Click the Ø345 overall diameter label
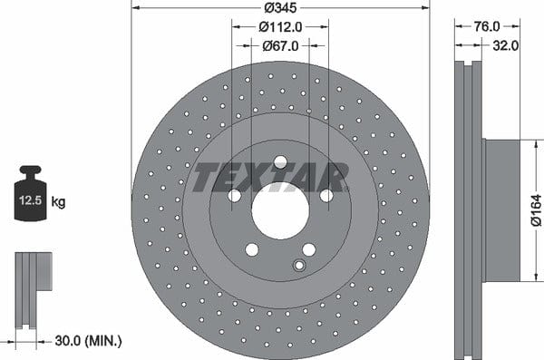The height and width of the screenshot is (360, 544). [x=280, y=7]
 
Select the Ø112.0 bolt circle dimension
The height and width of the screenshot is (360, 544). [x=280, y=26]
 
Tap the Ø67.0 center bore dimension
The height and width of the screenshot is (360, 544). [x=280, y=46]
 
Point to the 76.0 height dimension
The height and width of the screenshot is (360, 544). [x=487, y=26]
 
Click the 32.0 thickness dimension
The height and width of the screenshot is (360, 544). [x=506, y=45]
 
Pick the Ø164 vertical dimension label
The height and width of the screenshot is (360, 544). [x=537, y=210]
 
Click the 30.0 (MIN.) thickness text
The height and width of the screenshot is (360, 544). [x=88, y=341]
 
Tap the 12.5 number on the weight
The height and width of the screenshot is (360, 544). [x=30, y=200]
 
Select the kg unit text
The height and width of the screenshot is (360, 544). [x=58, y=201]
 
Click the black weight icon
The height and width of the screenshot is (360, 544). [x=30, y=193]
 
